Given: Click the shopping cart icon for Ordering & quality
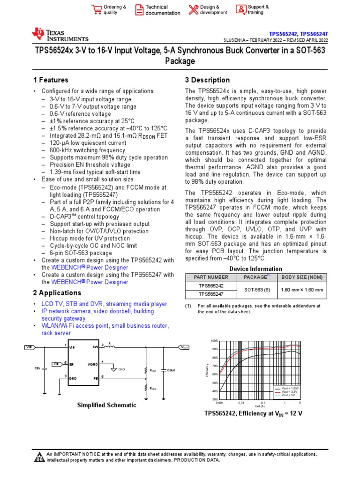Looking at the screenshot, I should pyautogui.click(x=97, y=10).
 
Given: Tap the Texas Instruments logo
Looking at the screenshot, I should pyautogui.click(x=60, y=34).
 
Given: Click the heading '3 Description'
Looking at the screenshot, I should pyautogui.click(x=207, y=80).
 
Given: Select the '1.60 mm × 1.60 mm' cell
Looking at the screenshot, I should pyautogui.click(x=301, y=290).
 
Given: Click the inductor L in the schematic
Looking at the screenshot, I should pyautogui.click(x=112, y=347).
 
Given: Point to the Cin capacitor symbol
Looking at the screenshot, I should pyautogui.click(x=45, y=368).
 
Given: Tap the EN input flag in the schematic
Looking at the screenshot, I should pyautogui.click(x=56, y=363).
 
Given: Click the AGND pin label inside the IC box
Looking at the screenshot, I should pyautogui.click(x=93, y=363).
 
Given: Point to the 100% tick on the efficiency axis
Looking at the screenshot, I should pyautogui.click(x=214, y=341).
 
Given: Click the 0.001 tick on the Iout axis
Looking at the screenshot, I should pyautogui.click(x=219, y=403).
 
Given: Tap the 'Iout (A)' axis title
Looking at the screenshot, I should pyautogui.click(x=260, y=406).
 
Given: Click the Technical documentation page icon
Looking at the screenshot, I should pyautogui.click(x=139, y=10).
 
